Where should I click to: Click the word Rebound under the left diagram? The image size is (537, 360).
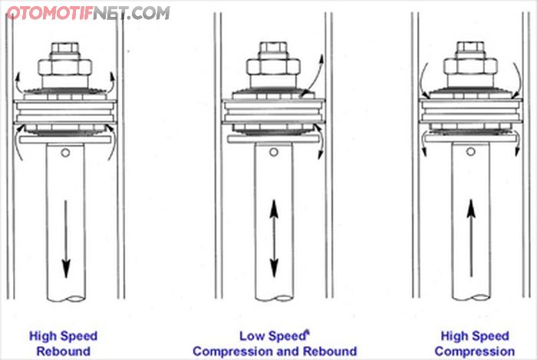(64, 352)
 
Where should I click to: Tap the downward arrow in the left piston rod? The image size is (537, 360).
(66, 238)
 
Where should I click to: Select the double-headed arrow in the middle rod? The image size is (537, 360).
(273, 237)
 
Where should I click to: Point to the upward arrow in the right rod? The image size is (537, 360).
(471, 237)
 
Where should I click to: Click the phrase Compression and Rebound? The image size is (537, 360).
(274, 352)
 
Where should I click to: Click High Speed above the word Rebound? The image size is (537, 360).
(63, 336)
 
